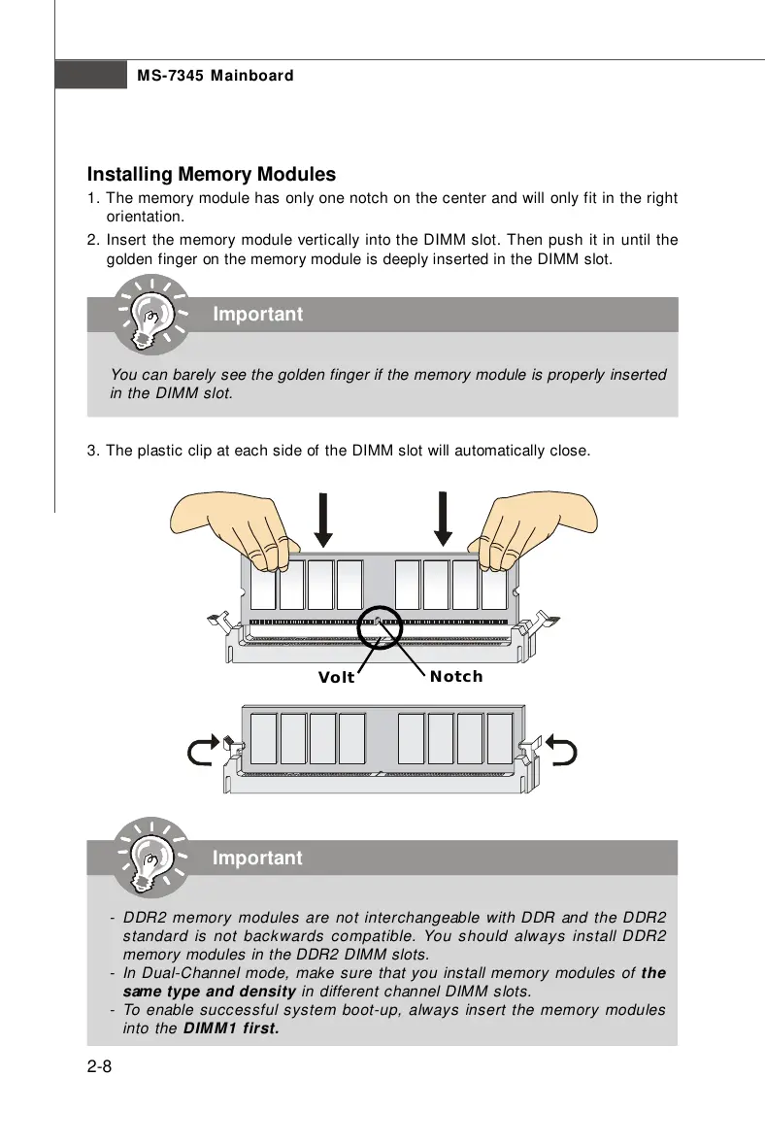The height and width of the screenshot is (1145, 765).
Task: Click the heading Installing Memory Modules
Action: (x=212, y=175)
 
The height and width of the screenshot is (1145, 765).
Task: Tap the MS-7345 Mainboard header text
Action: (x=215, y=76)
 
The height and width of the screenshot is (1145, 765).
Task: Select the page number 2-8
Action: (x=100, y=1068)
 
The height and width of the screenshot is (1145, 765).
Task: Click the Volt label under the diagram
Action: (x=337, y=678)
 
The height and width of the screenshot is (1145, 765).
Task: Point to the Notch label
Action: (x=456, y=676)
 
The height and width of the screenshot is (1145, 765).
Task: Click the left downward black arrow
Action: (x=324, y=520)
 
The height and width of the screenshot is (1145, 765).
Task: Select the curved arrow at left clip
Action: (x=201, y=750)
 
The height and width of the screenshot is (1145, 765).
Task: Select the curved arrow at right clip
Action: (x=562, y=750)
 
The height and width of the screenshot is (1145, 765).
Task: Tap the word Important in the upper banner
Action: (x=257, y=315)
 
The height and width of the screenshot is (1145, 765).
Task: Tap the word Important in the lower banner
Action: (x=257, y=859)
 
